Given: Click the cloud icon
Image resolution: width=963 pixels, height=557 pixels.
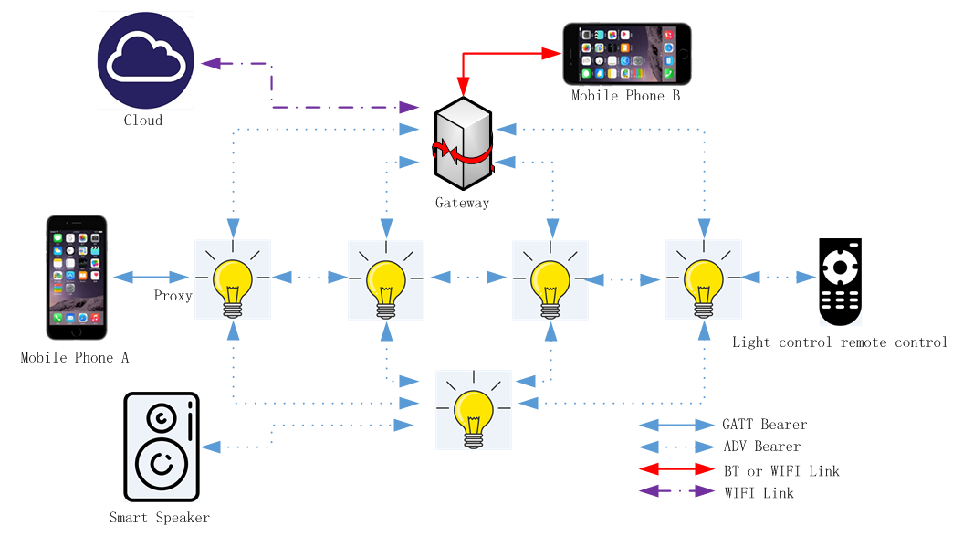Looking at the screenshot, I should click(146, 60).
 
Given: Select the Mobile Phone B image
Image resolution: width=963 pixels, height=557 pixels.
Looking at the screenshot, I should click(627, 54).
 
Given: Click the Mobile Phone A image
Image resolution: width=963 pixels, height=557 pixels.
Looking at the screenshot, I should click(78, 278).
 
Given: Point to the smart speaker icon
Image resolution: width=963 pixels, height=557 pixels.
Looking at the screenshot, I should click(162, 447).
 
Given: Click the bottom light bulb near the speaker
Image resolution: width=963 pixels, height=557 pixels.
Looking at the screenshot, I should click(474, 410).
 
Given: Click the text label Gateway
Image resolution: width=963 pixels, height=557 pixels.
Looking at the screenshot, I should click(462, 203).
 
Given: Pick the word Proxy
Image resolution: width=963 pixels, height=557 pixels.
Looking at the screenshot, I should click(173, 296).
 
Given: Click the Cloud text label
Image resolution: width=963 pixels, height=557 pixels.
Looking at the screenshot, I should click(143, 121).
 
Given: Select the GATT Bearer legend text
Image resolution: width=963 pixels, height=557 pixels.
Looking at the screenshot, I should click(764, 425).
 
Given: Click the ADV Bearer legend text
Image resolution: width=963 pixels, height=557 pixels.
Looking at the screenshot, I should click(760, 447).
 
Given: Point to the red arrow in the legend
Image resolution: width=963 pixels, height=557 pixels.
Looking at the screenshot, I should click(675, 470).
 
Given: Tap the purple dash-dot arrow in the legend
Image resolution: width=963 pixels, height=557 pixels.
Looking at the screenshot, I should click(675, 492).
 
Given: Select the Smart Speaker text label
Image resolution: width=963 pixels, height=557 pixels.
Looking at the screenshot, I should click(160, 518).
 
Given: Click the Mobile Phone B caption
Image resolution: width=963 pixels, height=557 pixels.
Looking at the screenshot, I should click(625, 95).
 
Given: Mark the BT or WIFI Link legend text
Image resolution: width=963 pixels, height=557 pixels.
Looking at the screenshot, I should click(780, 471).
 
